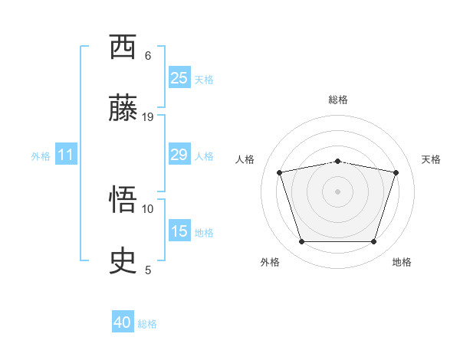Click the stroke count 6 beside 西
pyautogui.click(x=148, y=55)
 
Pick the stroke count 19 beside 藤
pyautogui.click(x=148, y=116)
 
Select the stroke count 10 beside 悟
pyautogui.click(x=148, y=208)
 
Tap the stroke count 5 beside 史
pyautogui.click(x=148, y=270)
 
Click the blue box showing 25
pyautogui.click(x=179, y=78)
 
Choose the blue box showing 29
pyautogui.click(x=179, y=155)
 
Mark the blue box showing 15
pyautogui.click(x=179, y=231)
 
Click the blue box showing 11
pyautogui.click(x=66, y=155)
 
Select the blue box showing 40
pyautogui.click(x=123, y=322)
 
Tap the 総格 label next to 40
pyautogui.click(x=147, y=324)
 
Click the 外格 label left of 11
pyautogui.click(x=41, y=156)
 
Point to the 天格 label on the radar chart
pyautogui.click(x=431, y=159)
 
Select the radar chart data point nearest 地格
pyautogui.click(x=373, y=242)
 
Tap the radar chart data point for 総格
pyautogui.click(x=337, y=161)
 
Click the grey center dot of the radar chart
pyautogui.click(x=337, y=191)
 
